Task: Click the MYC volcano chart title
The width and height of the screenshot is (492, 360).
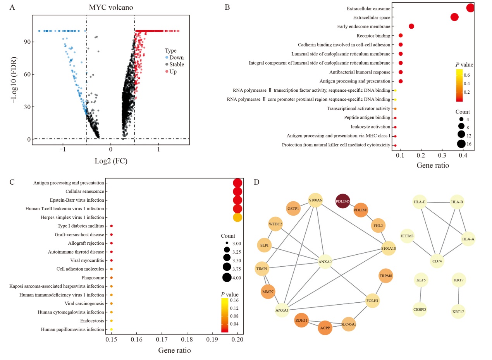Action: point(111,7)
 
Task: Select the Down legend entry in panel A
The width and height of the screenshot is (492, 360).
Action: point(176,58)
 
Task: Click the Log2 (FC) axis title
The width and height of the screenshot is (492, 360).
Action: point(111,161)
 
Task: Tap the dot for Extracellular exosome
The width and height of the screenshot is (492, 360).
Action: point(470,8)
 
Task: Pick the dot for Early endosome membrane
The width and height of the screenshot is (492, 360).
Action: point(411,26)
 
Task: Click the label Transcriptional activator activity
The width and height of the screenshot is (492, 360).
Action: point(358,109)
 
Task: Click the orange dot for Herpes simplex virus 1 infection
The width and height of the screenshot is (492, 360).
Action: point(237,218)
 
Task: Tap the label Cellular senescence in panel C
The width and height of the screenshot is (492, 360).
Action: point(85,192)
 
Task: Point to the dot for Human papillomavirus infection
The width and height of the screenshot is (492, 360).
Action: point(112,329)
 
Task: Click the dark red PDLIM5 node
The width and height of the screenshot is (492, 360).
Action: point(343,201)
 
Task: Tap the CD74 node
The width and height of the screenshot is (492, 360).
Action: point(438,261)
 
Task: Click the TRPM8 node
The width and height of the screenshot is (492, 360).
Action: point(385,276)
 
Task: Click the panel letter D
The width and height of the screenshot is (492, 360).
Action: point(256,182)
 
